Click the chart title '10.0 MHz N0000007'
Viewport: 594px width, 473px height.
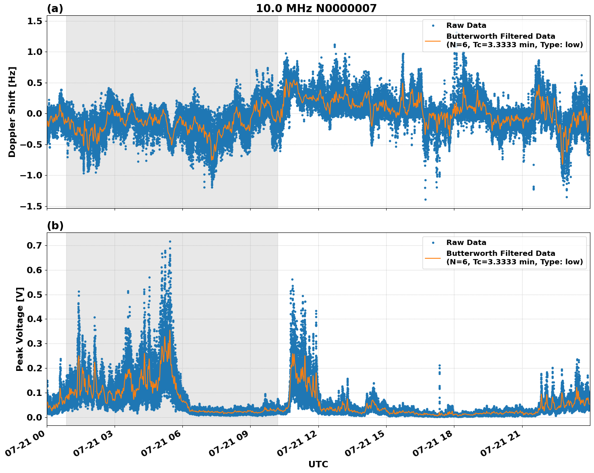tap(316, 8)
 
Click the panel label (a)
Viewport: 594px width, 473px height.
tap(55, 8)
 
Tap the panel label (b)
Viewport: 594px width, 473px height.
tap(55, 226)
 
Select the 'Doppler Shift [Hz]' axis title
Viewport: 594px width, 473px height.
tap(12, 112)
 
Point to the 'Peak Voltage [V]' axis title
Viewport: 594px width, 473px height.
tap(20, 329)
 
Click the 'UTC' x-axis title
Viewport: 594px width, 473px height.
tap(318, 464)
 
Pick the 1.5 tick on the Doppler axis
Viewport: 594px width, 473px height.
tap(34, 21)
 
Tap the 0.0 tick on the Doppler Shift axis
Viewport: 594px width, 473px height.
tap(34, 113)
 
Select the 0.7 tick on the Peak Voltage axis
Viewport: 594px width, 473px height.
tap(34, 245)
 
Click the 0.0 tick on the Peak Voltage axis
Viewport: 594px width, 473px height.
tap(34, 417)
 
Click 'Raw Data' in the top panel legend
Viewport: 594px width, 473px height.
tap(466, 25)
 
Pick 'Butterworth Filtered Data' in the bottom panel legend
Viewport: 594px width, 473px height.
tap(500, 253)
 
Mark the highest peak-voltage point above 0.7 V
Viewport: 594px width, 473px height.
tap(170, 241)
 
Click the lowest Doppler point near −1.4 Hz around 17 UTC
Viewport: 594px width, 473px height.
tap(425, 199)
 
